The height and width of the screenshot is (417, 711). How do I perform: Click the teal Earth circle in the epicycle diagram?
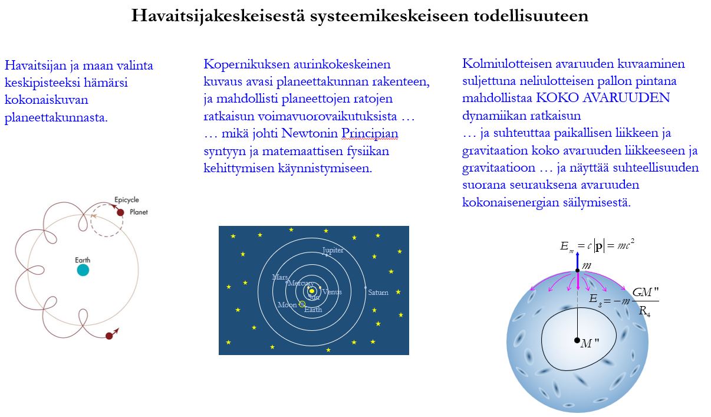[x=83, y=270]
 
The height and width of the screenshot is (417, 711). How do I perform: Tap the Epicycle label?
[x=127, y=200]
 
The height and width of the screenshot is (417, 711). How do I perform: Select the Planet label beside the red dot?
[x=139, y=212]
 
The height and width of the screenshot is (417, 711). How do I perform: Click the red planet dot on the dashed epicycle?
[x=120, y=212]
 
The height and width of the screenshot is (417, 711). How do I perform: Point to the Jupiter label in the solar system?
[x=333, y=251]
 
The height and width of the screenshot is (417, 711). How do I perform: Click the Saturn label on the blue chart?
[x=378, y=292]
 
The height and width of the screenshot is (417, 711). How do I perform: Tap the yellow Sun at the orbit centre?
[x=312, y=291]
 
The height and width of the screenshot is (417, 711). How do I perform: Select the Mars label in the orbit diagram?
[x=279, y=277]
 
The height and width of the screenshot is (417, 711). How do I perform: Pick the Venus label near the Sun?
[x=332, y=292]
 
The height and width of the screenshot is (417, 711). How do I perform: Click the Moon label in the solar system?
[x=287, y=305]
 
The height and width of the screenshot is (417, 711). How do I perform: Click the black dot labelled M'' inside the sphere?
[x=577, y=340]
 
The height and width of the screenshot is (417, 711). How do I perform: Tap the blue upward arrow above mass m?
[x=577, y=261]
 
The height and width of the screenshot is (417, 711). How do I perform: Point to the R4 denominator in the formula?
[x=644, y=311]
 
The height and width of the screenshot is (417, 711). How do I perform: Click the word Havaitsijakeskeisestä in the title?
[x=218, y=15]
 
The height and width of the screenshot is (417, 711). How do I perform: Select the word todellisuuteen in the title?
[x=531, y=15]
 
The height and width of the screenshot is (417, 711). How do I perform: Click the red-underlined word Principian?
[x=370, y=133]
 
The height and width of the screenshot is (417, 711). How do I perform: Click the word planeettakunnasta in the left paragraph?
[x=56, y=117]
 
